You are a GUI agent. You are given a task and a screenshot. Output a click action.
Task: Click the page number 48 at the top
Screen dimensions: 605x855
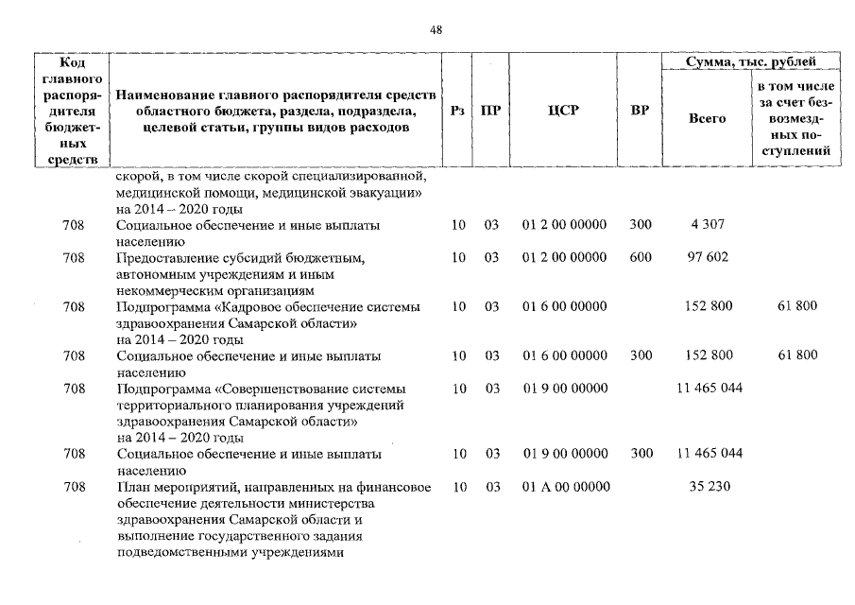436,29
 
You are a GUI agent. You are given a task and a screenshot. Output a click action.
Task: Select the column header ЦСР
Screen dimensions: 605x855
563,110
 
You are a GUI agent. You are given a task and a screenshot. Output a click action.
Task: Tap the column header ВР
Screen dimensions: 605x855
640,110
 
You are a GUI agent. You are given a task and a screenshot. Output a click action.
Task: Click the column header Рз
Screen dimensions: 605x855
458,110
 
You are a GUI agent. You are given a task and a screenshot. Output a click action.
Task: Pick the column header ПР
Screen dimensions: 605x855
490,110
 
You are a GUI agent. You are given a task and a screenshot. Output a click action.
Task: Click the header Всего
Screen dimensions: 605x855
707,119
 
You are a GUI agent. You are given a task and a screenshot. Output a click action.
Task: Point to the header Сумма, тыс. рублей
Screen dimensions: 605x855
751,61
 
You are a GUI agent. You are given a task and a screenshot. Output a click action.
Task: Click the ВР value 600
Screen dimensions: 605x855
640,257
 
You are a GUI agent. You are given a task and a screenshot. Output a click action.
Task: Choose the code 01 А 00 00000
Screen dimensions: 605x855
565,487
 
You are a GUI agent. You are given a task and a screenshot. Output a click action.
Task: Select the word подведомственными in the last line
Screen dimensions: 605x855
176,552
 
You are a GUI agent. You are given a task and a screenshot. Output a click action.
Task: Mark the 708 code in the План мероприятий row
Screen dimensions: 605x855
74,487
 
